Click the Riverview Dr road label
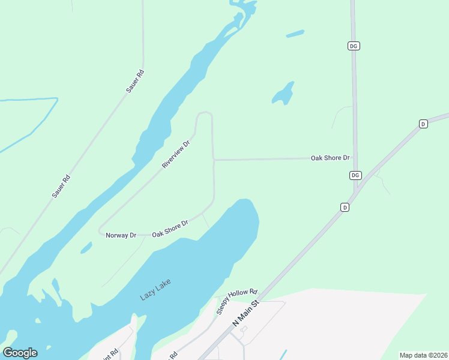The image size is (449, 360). click(175, 154)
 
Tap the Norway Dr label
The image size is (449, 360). click(121, 235)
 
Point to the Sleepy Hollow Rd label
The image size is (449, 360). click(237, 300)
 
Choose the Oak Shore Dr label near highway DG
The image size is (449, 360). click(330, 158)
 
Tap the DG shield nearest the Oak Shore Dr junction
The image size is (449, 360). click(355, 175)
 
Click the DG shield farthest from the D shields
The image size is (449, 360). click(354, 46)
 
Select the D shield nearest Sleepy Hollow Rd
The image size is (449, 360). click(345, 207)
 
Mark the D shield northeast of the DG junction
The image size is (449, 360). click(423, 124)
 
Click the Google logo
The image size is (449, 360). click(20, 353)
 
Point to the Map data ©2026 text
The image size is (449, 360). click(423, 355)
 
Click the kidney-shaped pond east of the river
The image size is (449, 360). click(283, 94)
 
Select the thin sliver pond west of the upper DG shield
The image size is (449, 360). click(295, 34)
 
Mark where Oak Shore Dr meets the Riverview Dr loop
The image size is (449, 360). click(214, 160)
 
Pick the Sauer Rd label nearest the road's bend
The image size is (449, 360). click(135, 81)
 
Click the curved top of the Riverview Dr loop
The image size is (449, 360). click(205, 112)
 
